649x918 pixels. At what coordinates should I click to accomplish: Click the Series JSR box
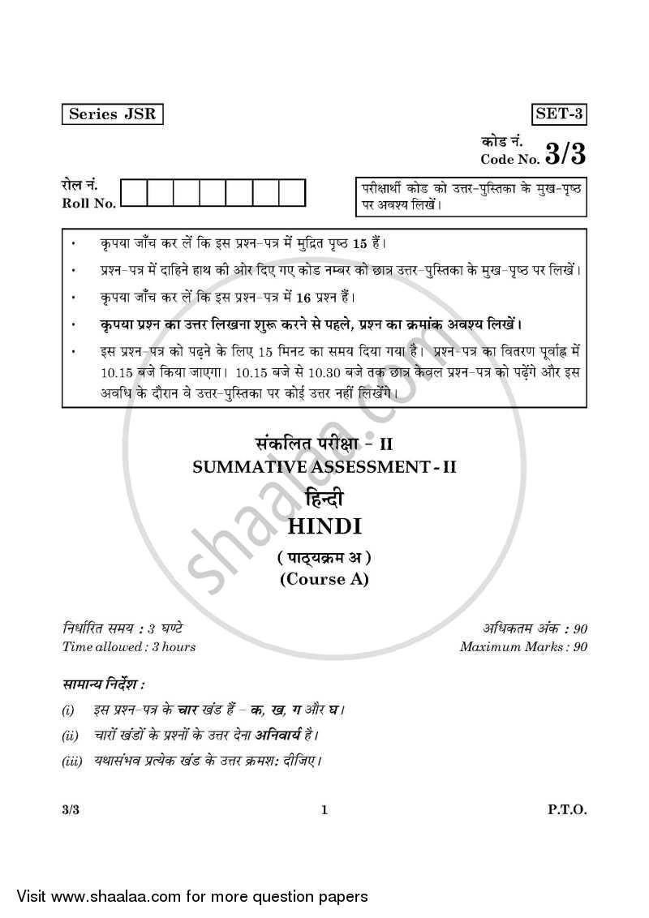click(x=112, y=114)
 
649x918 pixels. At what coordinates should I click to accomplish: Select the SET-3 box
click(x=559, y=114)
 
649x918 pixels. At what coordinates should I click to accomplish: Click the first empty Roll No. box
click(x=135, y=193)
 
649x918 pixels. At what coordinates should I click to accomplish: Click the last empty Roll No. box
click(x=292, y=193)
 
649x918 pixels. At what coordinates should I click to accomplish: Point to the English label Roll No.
click(x=88, y=203)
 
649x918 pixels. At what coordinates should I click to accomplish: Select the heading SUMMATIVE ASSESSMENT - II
click(x=324, y=467)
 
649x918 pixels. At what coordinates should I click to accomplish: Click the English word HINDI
click(x=324, y=527)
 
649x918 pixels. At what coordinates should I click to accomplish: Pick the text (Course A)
click(x=324, y=579)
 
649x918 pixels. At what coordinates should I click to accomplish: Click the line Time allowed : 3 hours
click(x=128, y=646)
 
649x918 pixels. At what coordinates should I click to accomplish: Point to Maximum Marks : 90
click(x=523, y=646)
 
